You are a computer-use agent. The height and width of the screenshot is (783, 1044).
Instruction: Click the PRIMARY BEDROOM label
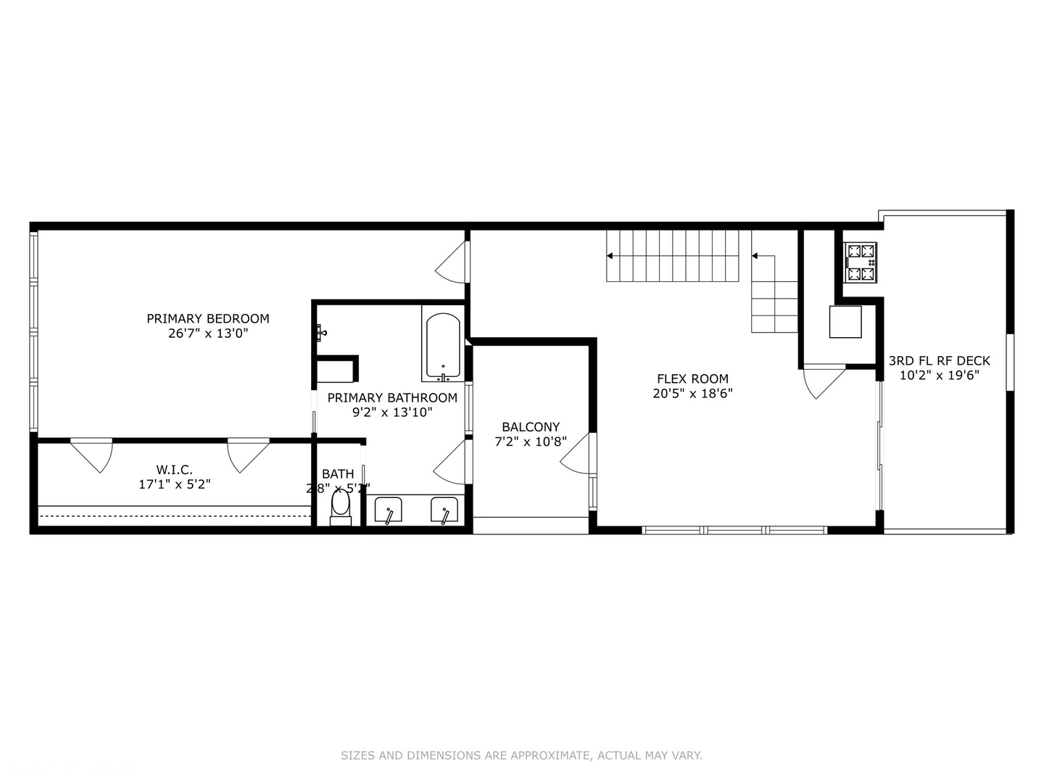click(208, 318)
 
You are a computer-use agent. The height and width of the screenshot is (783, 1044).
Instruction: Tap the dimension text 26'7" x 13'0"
click(208, 333)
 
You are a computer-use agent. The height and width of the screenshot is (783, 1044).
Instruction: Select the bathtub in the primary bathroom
click(442, 346)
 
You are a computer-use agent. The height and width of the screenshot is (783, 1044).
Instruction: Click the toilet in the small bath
click(341, 505)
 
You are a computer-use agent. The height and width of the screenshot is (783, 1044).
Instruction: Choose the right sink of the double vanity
click(444, 510)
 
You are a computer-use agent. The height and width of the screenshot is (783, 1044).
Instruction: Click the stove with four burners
click(861, 262)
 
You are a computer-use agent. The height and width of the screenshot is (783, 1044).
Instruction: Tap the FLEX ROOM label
click(692, 378)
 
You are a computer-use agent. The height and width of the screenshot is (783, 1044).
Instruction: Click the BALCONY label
click(531, 427)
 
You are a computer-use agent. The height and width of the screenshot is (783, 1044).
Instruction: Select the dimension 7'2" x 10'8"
click(531, 442)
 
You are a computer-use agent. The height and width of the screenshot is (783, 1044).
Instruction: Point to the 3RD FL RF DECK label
click(939, 360)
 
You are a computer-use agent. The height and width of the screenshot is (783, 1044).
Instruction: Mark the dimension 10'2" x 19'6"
click(939, 376)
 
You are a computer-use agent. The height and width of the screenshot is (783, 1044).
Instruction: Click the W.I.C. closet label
click(175, 470)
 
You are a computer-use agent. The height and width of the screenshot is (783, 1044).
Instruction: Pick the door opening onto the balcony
click(577, 455)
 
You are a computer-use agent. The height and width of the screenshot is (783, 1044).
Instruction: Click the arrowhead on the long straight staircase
click(610, 256)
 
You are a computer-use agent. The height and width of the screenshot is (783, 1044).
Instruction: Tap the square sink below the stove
click(845, 322)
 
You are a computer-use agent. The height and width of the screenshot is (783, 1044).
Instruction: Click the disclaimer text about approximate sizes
click(521, 755)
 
